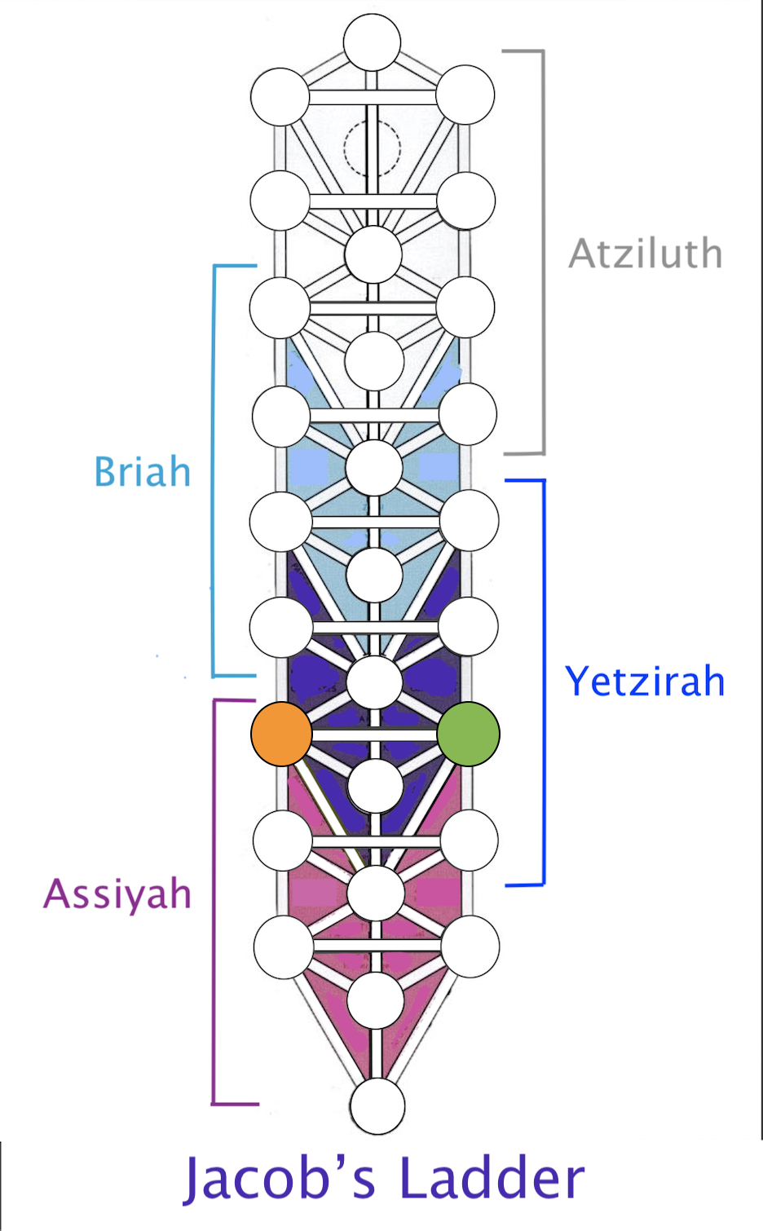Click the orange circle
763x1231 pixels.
(x=281, y=734)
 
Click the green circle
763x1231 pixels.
(x=469, y=734)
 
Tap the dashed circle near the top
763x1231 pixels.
(x=372, y=148)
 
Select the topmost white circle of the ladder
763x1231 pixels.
(x=372, y=42)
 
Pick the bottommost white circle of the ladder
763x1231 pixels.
(x=377, y=1105)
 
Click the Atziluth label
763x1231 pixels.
(x=646, y=254)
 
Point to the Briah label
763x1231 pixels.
(x=143, y=471)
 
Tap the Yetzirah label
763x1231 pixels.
(x=645, y=681)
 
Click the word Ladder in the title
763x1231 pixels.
(x=492, y=1179)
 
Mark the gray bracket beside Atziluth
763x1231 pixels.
(x=544, y=252)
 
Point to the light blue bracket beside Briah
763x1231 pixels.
(x=214, y=471)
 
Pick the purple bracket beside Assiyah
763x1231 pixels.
(x=214, y=902)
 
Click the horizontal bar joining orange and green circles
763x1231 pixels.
(x=375, y=735)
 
